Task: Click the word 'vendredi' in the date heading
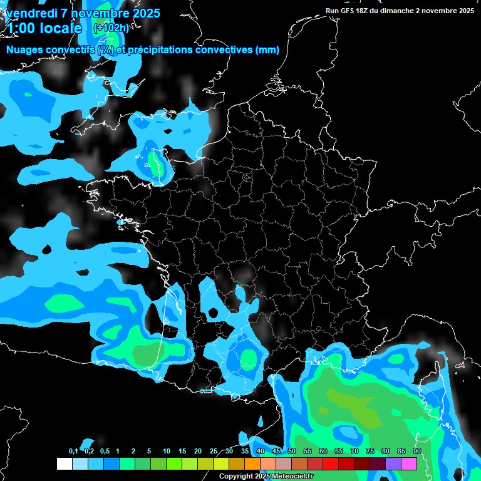click(32, 13)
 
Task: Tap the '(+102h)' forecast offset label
click(111, 28)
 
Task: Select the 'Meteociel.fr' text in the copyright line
click(292, 476)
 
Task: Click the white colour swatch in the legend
click(64, 464)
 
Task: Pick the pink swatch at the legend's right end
click(409, 464)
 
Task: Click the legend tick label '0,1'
click(73, 452)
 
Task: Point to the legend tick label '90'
click(416, 452)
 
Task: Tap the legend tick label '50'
click(292, 452)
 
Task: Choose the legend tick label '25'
click(214, 452)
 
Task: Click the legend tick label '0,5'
click(104, 452)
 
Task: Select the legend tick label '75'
click(370, 452)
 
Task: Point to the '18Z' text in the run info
click(367, 11)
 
